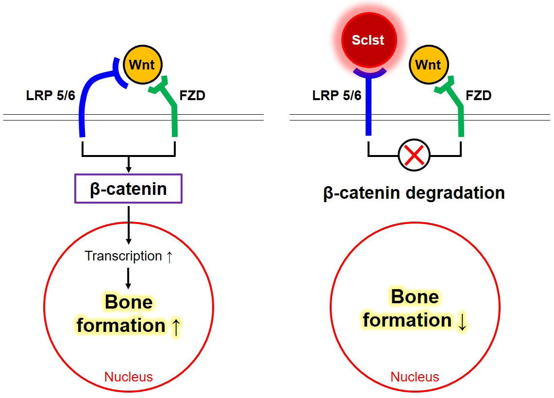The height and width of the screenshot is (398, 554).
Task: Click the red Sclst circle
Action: [x=369, y=40]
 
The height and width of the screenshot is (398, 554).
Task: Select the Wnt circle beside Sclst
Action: [x=428, y=65]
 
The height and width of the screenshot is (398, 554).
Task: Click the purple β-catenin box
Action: [x=129, y=189]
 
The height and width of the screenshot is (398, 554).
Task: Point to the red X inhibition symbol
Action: [x=414, y=155]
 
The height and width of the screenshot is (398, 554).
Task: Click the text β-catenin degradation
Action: [x=414, y=193]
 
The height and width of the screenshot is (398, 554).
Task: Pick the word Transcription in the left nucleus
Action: [x=123, y=256]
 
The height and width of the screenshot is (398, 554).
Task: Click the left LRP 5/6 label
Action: [x=50, y=95]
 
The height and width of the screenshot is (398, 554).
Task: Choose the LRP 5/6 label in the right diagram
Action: [x=337, y=95]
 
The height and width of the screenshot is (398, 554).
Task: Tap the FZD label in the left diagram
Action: [x=192, y=95]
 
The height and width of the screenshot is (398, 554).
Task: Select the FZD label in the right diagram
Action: [x=478, y=95]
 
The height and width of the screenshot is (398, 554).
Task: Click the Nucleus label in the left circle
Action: [x=129, y=377]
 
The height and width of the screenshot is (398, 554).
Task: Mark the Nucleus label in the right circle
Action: [x=415, y=377]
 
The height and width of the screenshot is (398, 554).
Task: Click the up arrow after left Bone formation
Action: [x=176, y=327]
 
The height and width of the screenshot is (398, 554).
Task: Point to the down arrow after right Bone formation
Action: [x=462, y=322]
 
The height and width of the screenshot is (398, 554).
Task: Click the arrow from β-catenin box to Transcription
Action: [x=129, y=224]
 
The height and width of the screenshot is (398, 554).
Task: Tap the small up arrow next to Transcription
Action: [x=169, y=257]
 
